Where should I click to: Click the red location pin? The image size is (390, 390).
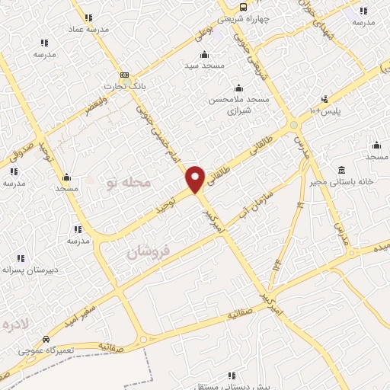coord(196,178)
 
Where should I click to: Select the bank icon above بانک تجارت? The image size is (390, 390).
coord(125,75)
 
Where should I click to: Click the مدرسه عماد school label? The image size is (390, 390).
coord(89,28)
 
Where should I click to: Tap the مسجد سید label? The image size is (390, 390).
coord(204,66)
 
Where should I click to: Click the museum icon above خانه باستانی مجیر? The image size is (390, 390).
coord(340,169)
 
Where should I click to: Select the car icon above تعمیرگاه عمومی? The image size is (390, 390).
coord(46,340)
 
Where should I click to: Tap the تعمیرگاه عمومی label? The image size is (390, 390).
coord(47,351)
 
